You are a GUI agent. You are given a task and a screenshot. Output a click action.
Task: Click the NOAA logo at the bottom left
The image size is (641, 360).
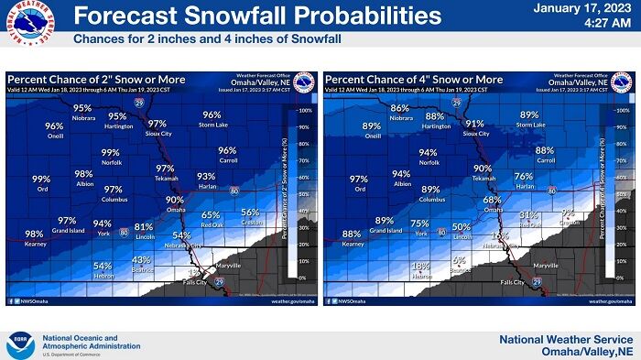(x=19, y=344)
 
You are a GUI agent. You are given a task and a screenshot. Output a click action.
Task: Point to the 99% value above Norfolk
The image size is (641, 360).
(x=111, y=153)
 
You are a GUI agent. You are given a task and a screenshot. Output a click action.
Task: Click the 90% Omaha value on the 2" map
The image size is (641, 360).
(x=175, y=200)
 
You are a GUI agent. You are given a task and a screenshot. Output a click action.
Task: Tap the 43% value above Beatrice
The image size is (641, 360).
(x=142, y=259)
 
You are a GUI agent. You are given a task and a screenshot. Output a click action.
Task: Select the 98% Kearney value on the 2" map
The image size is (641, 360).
(x=34, y=234)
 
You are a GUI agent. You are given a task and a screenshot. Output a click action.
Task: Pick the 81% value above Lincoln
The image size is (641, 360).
(x=144, y=226)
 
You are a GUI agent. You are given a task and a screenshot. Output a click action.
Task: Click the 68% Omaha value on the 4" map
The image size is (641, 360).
(x=492, y=200)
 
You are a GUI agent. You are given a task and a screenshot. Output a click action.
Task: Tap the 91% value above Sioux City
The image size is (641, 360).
(x=474, y=124)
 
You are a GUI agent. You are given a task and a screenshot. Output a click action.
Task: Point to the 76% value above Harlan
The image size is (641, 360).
(x=523, y=176)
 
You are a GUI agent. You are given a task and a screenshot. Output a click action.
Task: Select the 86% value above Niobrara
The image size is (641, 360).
(x=400, y=108)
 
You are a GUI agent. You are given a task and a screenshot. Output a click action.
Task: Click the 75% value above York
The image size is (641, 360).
(x=419, y=224)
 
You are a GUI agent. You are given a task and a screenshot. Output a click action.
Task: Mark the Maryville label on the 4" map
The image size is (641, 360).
(x=546, y=265)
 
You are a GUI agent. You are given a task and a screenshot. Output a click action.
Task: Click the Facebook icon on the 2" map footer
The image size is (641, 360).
(x=12, y=300)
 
